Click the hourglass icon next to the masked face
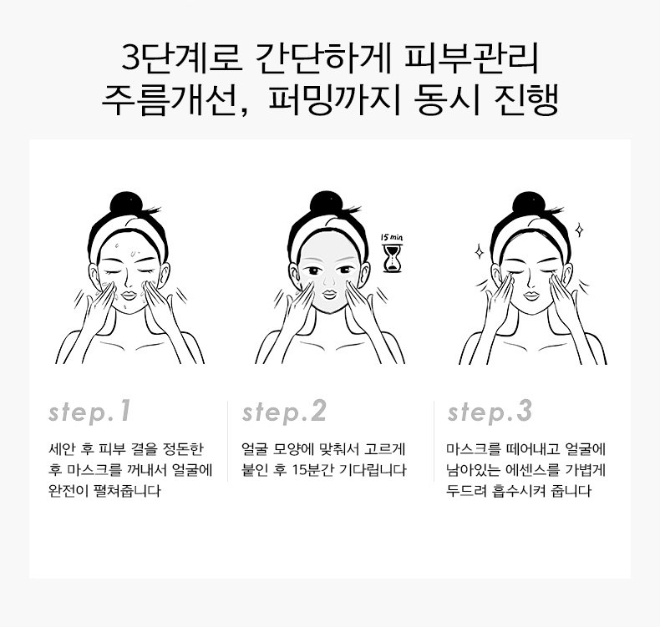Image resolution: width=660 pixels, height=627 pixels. click(393, 259)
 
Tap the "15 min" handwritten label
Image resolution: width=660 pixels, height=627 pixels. click(392, 238)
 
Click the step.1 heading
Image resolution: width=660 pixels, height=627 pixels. click(89, 412)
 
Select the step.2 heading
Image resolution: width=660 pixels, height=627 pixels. click(284, 412)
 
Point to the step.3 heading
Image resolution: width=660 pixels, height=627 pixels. click(490, 412)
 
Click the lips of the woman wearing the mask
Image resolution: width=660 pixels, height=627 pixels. click(329, 293)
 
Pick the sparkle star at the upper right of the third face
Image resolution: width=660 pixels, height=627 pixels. click(579, 230)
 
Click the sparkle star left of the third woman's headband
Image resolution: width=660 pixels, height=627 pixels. click(479, 252)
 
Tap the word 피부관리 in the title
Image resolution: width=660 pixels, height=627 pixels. click(471, 58)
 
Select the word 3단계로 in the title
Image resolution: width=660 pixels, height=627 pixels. click(182, 58)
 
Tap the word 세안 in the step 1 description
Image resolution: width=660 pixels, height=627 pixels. click(63, 448)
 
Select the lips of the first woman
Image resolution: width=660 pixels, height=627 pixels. click(129, 294)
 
